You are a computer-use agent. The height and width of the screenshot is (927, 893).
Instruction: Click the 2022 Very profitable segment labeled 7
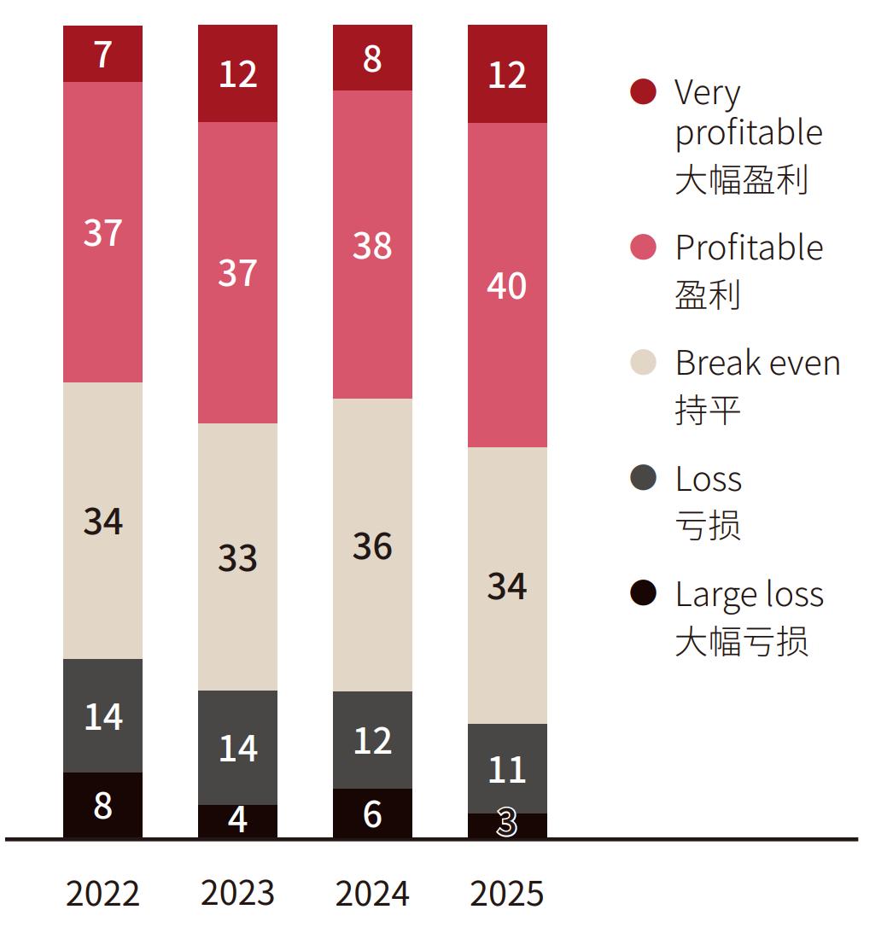(x=102, y=54)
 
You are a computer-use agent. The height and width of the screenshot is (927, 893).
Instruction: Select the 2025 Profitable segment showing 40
(x=507, y=285)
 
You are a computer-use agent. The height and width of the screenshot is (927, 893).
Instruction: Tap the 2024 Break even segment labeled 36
(x=372, y=545)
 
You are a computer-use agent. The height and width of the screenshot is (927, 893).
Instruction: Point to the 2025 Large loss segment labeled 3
(x=507, y=825)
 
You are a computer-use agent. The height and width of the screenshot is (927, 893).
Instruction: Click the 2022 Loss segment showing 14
(x=102, y=715)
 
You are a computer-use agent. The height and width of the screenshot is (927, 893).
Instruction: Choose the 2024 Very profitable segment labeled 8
(x=372, y=58)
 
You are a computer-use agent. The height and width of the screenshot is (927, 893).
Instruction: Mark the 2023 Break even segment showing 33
(x=237, y=557)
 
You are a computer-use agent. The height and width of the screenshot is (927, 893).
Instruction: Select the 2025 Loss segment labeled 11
(x=507, y=768)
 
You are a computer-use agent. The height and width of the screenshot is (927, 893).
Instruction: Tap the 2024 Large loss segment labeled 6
(x=372, y=813)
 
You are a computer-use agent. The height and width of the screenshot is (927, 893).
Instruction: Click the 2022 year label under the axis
(x=102, y=894)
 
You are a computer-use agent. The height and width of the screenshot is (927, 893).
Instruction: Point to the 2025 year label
(x=507, y=894)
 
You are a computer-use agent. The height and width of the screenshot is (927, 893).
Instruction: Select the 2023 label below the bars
(x=237, y=894)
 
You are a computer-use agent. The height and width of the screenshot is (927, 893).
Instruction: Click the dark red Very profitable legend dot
(x=643, y=91)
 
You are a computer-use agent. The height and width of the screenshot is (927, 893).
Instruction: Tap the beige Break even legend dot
(x=643, y=362)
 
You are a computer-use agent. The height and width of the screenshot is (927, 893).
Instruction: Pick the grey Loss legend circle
(x=643, y=478)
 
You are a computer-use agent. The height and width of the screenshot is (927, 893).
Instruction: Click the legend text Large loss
(x=749, y=594)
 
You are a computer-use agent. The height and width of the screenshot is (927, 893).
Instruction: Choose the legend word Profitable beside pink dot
(x=749, y=248)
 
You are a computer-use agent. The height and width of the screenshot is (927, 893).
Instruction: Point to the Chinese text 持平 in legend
(x=707, y=410)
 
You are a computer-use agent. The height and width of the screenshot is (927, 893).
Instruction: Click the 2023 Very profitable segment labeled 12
(x=237, y=73)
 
